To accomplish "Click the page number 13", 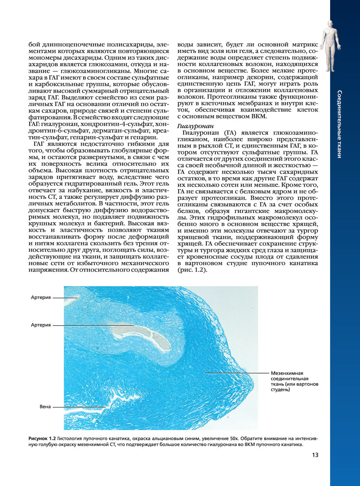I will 315,455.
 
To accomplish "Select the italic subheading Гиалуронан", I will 195,126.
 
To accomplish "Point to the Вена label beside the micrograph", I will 45,407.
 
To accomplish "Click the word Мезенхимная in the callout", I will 287,373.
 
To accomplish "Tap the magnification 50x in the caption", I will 234,438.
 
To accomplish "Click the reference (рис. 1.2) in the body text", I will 192,270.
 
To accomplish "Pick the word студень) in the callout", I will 280,389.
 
